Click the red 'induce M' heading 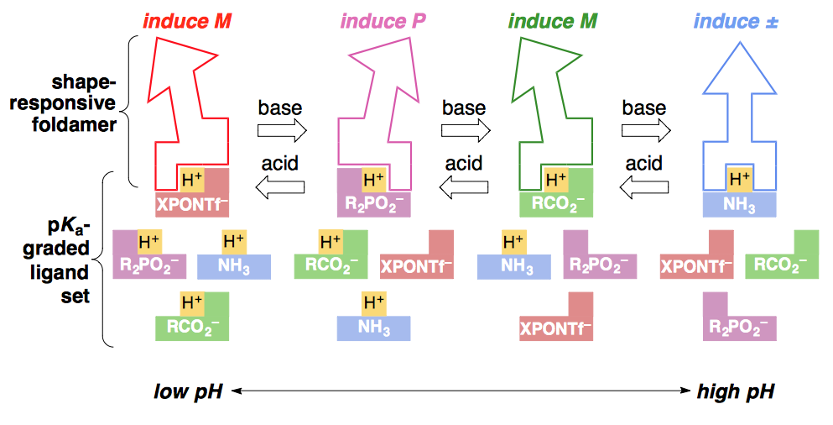coord(186,21)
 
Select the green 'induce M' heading coord(553,21)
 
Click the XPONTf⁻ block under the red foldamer coord(191,203)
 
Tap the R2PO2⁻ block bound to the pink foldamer coord(373,203)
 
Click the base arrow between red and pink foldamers coord(282,130)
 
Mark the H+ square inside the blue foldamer coord(739,178)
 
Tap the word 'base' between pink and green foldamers coord(464,108)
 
